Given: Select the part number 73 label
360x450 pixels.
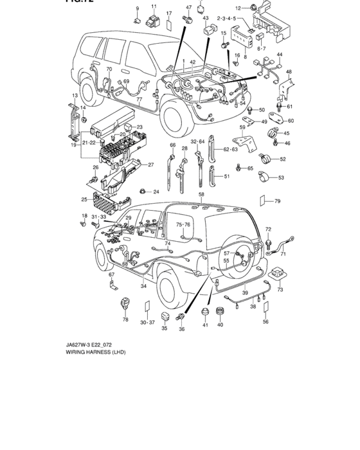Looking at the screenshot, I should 280,291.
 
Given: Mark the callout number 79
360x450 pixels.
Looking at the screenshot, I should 278,202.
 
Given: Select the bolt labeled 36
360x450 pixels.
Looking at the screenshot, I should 184,318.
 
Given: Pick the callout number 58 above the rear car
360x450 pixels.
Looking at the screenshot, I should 201,194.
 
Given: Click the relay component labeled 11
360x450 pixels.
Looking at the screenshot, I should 154,21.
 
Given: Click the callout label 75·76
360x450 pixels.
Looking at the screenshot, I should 183,225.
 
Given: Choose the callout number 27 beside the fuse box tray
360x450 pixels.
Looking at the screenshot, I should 151,165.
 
